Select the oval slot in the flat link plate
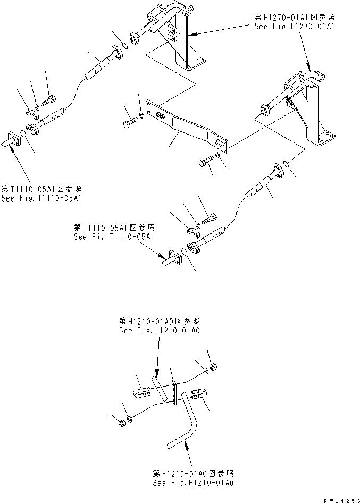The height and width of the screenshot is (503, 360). [x=219, y=142]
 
